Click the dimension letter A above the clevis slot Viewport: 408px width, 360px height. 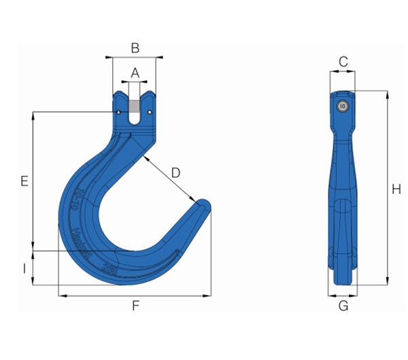[135, 72]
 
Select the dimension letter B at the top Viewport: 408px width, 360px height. [135, 48]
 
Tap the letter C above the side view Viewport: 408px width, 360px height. [343, 62]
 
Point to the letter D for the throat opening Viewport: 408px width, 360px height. [175, 173]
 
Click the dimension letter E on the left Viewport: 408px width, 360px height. [24, 181]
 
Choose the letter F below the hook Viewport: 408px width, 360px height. [135, 306]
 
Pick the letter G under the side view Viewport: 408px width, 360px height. [343, 306]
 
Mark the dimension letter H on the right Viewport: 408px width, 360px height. [396, 190]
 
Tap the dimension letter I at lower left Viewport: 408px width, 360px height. [24, 268]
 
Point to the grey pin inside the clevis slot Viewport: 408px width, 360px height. [135, 107]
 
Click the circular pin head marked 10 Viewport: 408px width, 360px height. [342, 105]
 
